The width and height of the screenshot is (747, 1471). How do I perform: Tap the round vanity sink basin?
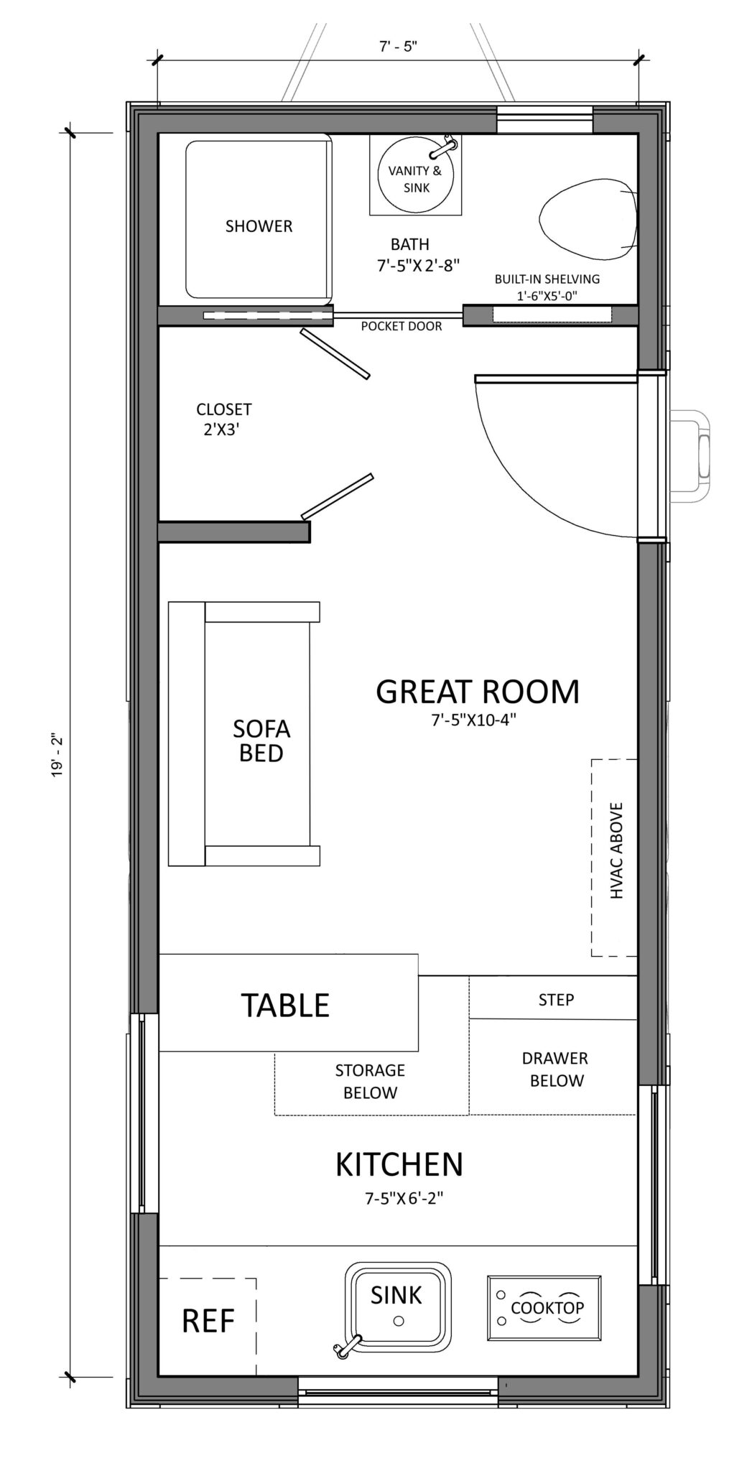[416, 176]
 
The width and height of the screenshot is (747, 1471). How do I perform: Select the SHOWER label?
[259, 226]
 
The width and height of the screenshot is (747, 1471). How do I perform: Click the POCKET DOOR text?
[401, 326]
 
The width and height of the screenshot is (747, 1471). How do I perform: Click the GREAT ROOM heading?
[478, 691]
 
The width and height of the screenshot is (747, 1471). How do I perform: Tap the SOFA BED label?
[261, 741]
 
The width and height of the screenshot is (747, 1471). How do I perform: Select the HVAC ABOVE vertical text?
[616, 851]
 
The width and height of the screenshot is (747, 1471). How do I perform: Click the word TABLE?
[285, 1006]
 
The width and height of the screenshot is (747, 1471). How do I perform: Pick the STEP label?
[556, 1000]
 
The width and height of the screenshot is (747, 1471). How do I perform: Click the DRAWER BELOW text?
[555, 1069]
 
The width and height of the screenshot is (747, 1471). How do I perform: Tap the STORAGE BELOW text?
[370, 1082]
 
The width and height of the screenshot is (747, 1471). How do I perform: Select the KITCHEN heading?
[399, 1164]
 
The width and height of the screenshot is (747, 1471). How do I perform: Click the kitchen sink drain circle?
[399, 1321]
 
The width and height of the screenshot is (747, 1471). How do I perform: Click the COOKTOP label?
[547, 1308]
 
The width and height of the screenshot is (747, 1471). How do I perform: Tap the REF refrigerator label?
[208, 1320]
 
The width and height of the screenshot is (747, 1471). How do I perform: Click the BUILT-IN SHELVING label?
[547, 287]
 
